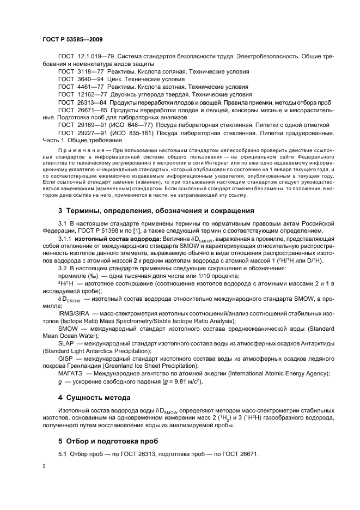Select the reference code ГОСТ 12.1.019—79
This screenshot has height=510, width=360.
(x=85, y=57)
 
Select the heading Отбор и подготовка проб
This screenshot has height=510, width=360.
(x=116, y=440)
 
